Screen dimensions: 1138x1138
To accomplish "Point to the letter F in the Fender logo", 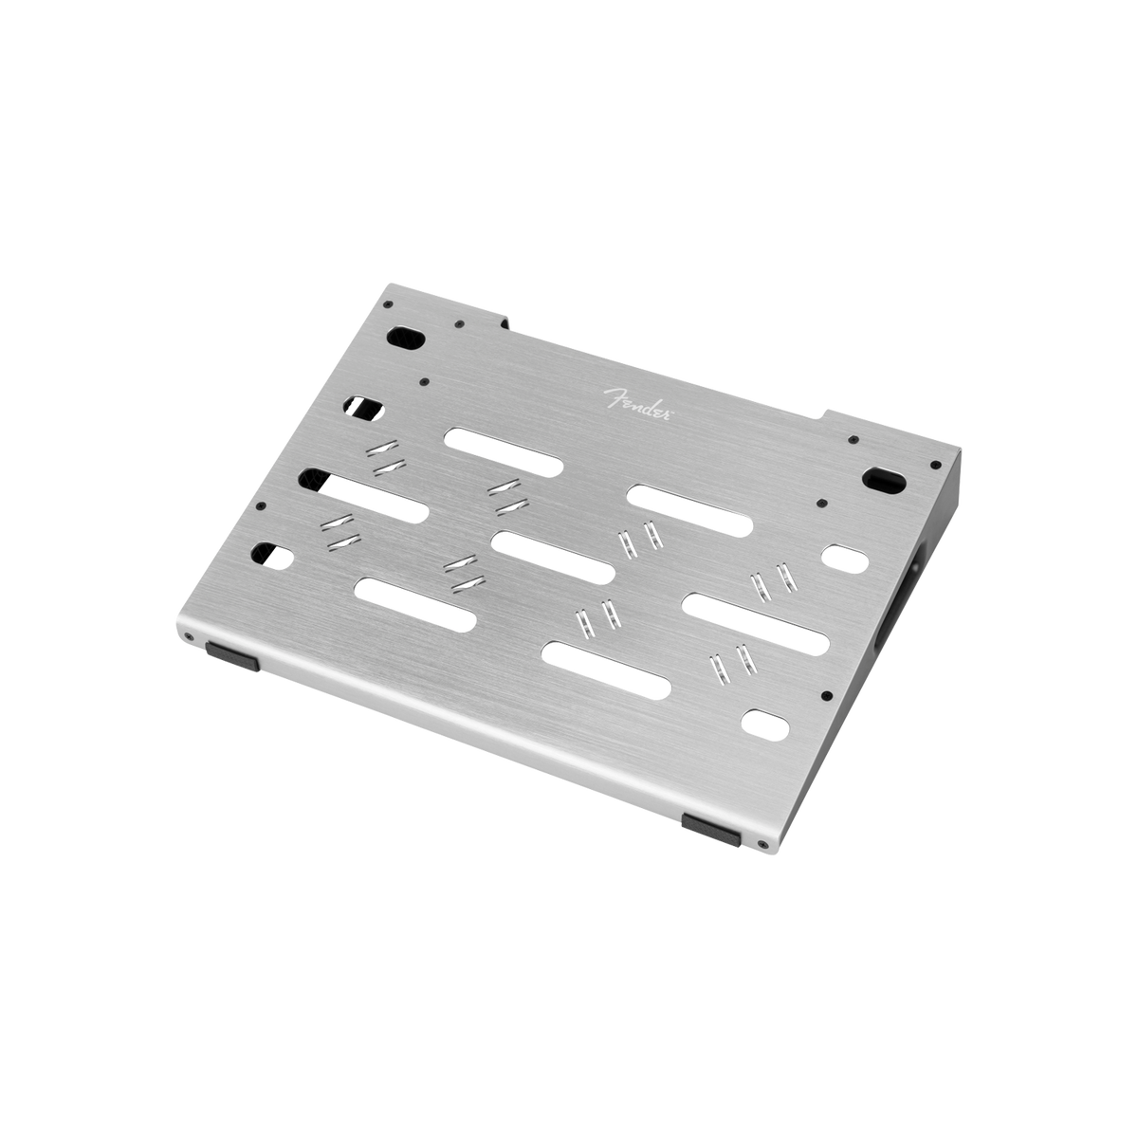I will [613, 393].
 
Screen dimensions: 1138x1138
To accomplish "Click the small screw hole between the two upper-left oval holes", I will [424, 382].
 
